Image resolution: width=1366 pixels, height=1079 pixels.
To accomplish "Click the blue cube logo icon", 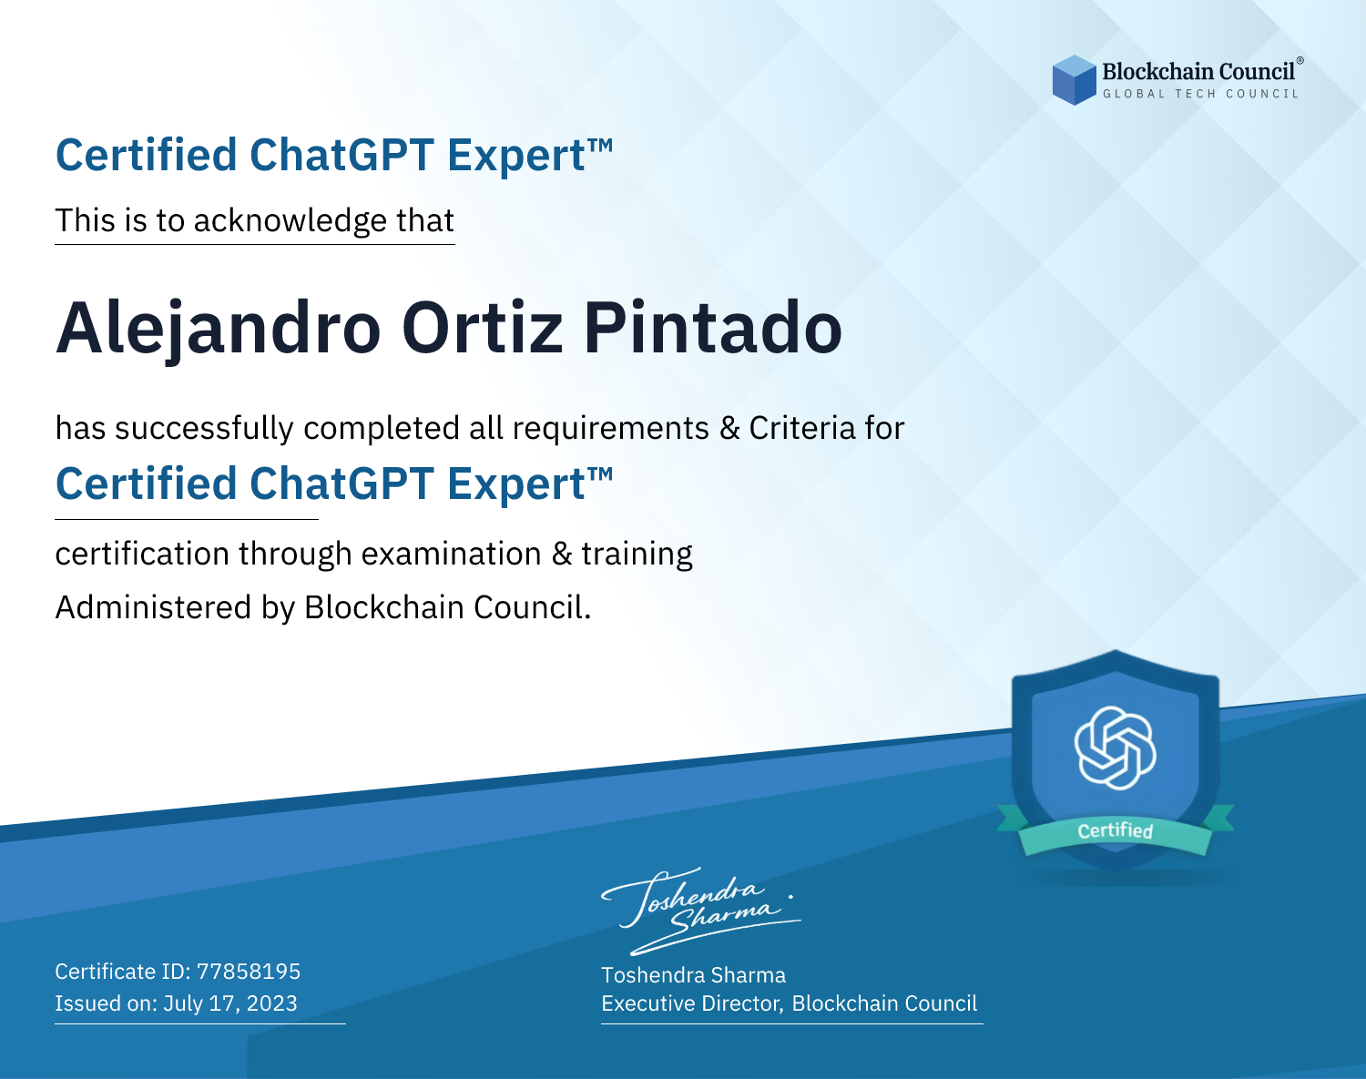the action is [x=1074, y=80].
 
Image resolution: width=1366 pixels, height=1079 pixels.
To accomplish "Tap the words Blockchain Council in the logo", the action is [x=1198, y=72].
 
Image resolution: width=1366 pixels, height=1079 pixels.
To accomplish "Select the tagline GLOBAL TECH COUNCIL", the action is [x=1201, y=94].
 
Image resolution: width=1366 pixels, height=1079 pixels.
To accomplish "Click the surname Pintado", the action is [x=712, y=328].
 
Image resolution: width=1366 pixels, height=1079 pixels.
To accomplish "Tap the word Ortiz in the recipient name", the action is [x=483, y=328].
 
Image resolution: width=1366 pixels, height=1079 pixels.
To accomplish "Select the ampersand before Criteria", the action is [x=729, y=428].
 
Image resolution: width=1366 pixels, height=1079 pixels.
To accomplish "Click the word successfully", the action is [x=204, y=429].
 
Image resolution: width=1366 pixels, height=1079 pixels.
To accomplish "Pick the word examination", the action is [x=451, y=554].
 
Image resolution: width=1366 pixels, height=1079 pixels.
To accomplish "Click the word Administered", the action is [x=154, y=607].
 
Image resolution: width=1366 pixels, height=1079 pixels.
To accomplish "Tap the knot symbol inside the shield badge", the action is [x=1116, y=748].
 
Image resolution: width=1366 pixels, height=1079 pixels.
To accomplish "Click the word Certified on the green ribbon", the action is [x=1116, y=830].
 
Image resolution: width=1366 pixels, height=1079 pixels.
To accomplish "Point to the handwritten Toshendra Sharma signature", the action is [x=701, y=911].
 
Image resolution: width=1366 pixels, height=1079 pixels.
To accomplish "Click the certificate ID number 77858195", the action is [x=249, y=972].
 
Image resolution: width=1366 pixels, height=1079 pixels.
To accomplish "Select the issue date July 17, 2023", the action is [x=229, y=1003].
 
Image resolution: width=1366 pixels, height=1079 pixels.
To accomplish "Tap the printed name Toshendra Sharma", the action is [x=693, y=975].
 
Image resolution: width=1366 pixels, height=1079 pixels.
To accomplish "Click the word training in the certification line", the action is [x=637, y=555].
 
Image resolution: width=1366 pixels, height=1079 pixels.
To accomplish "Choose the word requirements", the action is [x=611, y=429].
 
